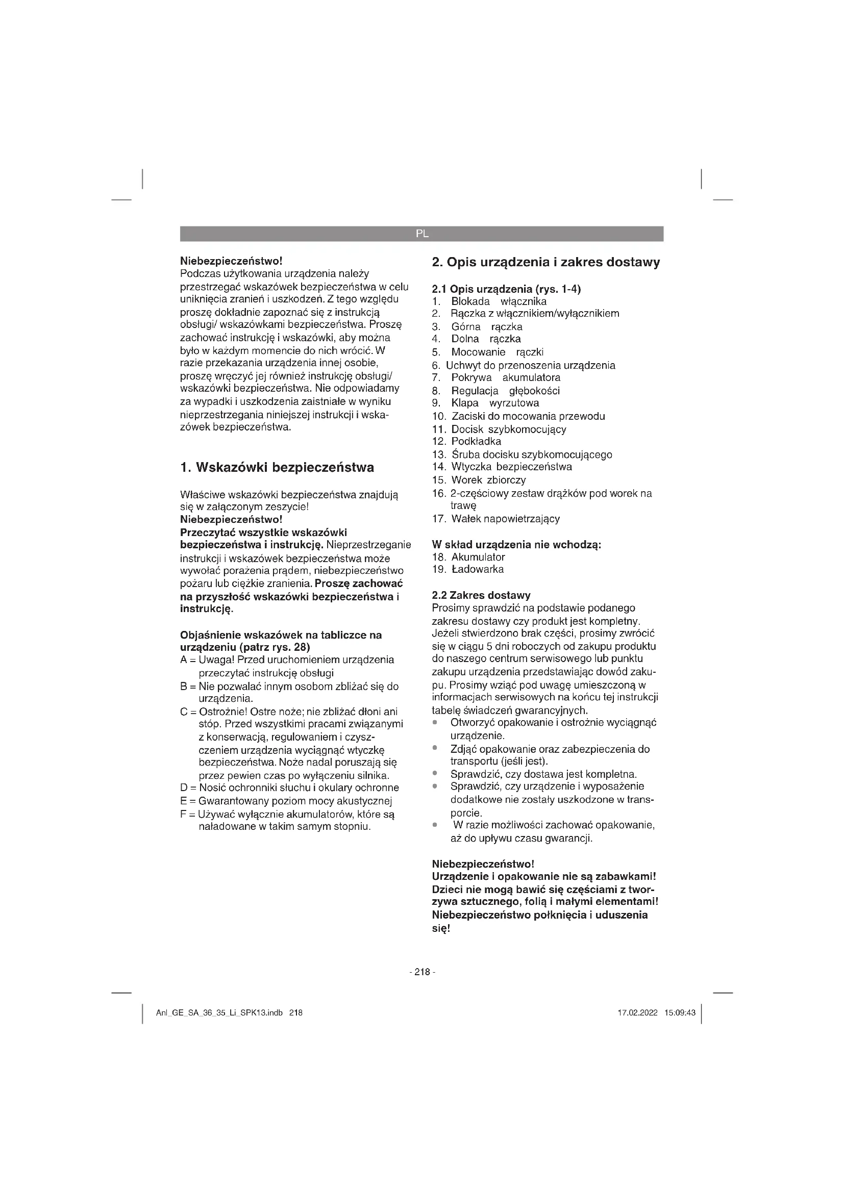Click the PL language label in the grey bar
tap(422, 234)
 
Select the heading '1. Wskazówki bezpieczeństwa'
tap(277, 467)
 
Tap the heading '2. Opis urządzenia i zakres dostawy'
tap(545, 262)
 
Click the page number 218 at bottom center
tap(422, 972)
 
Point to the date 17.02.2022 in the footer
tap(637, 1013)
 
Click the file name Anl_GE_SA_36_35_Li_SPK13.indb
tap(219, 1013)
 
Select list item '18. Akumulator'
tap(469, 557)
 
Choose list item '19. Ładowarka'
tap(468, 569)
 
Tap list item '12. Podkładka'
tap(467, 441)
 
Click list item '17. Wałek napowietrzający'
tap(496, 519)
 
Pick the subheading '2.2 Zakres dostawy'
tap(481, 595)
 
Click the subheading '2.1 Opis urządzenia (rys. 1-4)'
tap(506, 289)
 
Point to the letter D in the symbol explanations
tap(184, 788)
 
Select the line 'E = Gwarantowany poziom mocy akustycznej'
tap(286, 801)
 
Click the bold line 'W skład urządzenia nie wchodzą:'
tap(516, 545)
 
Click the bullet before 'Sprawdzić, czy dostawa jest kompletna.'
tap(434, 774)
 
